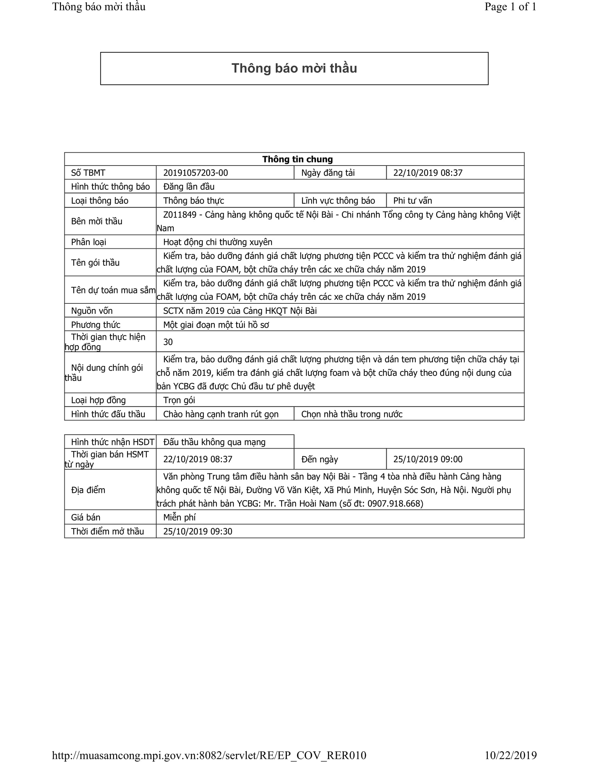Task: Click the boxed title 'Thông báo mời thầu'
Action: (294, 68)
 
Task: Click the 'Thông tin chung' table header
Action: (297, 159)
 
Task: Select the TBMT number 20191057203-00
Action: (195, 173)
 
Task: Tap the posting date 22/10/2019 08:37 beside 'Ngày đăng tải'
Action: (428, 173)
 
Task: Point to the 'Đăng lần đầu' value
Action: (189, 187)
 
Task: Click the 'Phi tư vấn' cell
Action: (412, 201)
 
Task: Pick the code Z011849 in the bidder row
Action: (180, 215)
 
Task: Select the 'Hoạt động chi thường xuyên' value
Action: (217, 242)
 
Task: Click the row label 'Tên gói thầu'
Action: (95, 263)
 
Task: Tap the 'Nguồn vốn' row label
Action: (92, 311)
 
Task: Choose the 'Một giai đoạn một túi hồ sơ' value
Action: (216, 325)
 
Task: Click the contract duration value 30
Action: (168, 342)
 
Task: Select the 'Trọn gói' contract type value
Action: (179, 400)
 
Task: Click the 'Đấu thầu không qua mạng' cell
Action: (214, 442)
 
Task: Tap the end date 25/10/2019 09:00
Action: (428, 459)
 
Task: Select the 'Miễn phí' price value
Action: (179, 517)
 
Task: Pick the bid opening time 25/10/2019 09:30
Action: (197, 531)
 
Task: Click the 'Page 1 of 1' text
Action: (510, 7)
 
